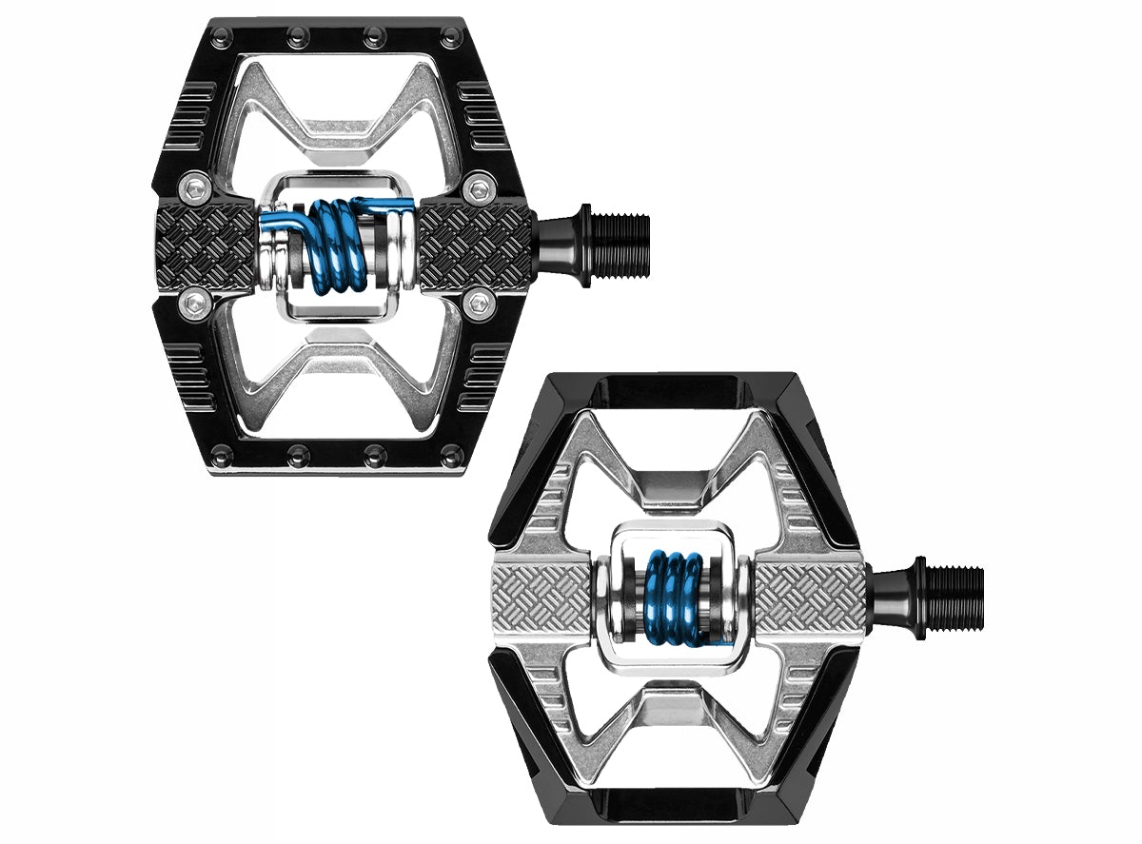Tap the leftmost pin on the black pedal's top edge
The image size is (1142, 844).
pyautogui.click(x=222, y=36)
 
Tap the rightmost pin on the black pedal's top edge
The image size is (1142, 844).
pyautogui.click(x=450, y=36)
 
